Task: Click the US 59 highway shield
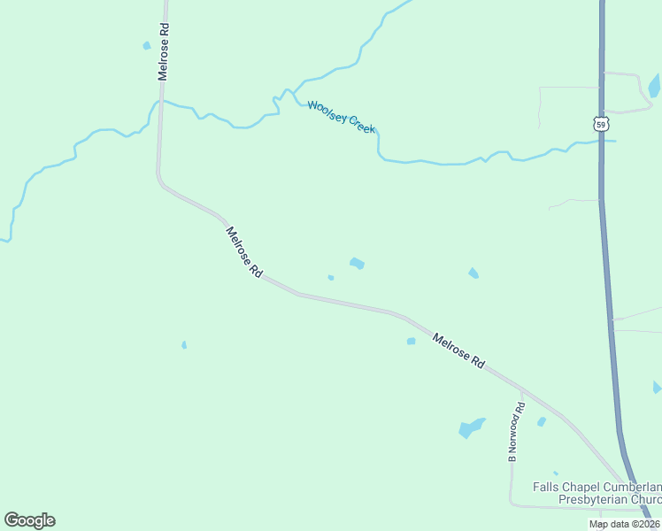[601, 125]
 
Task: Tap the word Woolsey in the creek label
[327, 112]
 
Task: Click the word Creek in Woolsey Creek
[362, 125]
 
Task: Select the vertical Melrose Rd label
[164, 51]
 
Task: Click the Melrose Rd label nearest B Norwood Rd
[459, 350]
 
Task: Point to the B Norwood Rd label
[515, 432]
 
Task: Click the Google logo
[29, 520]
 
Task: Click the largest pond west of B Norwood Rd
[471, 428]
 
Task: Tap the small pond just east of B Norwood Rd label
[542, 422]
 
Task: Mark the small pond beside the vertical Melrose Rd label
[146, 45]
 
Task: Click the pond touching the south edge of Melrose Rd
[411, 341]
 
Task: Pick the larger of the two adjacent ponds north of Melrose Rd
[357, 263]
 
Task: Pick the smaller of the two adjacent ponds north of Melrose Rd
[330, 277]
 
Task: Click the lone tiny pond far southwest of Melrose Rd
[184, 344]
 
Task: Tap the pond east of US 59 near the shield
[654, 86]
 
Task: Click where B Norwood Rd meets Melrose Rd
[521, 389]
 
